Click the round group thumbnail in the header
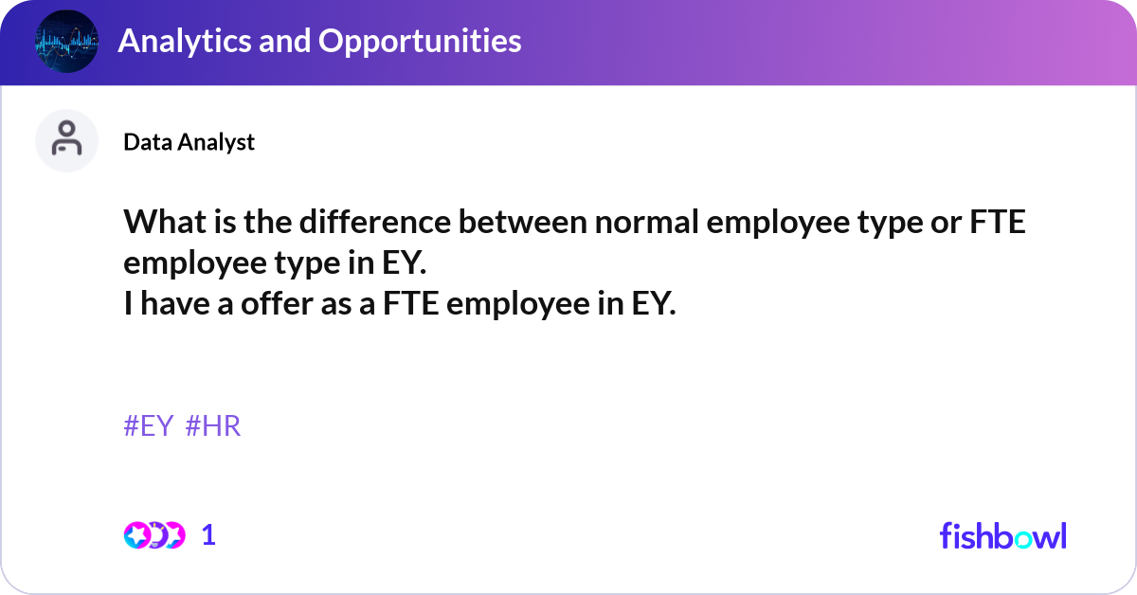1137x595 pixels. [x=66, y=42]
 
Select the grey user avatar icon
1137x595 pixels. [x=66, y=140]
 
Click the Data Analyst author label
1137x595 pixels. [x=189, y=141]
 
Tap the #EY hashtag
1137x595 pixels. [x=149, y=426]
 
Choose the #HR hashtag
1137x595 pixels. [x=213, y=426]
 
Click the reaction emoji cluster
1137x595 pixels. [x=153, y=535]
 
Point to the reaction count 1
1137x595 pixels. [x=208, y=535]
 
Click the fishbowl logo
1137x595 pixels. [x=1002, y=535]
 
